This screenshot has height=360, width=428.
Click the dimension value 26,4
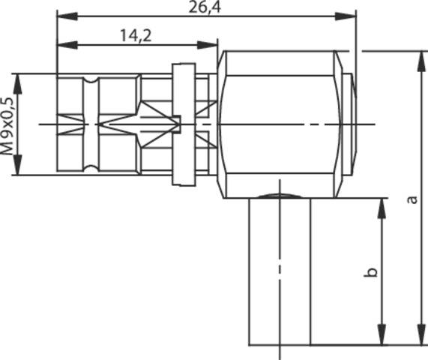(x=205, y=7)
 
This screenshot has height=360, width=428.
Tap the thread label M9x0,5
(x=7, y=124)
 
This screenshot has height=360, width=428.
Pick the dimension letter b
(x=370, y=272)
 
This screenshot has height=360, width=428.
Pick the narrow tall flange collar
(x=183, y=124)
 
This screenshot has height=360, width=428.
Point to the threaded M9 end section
(x=97, y=124)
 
